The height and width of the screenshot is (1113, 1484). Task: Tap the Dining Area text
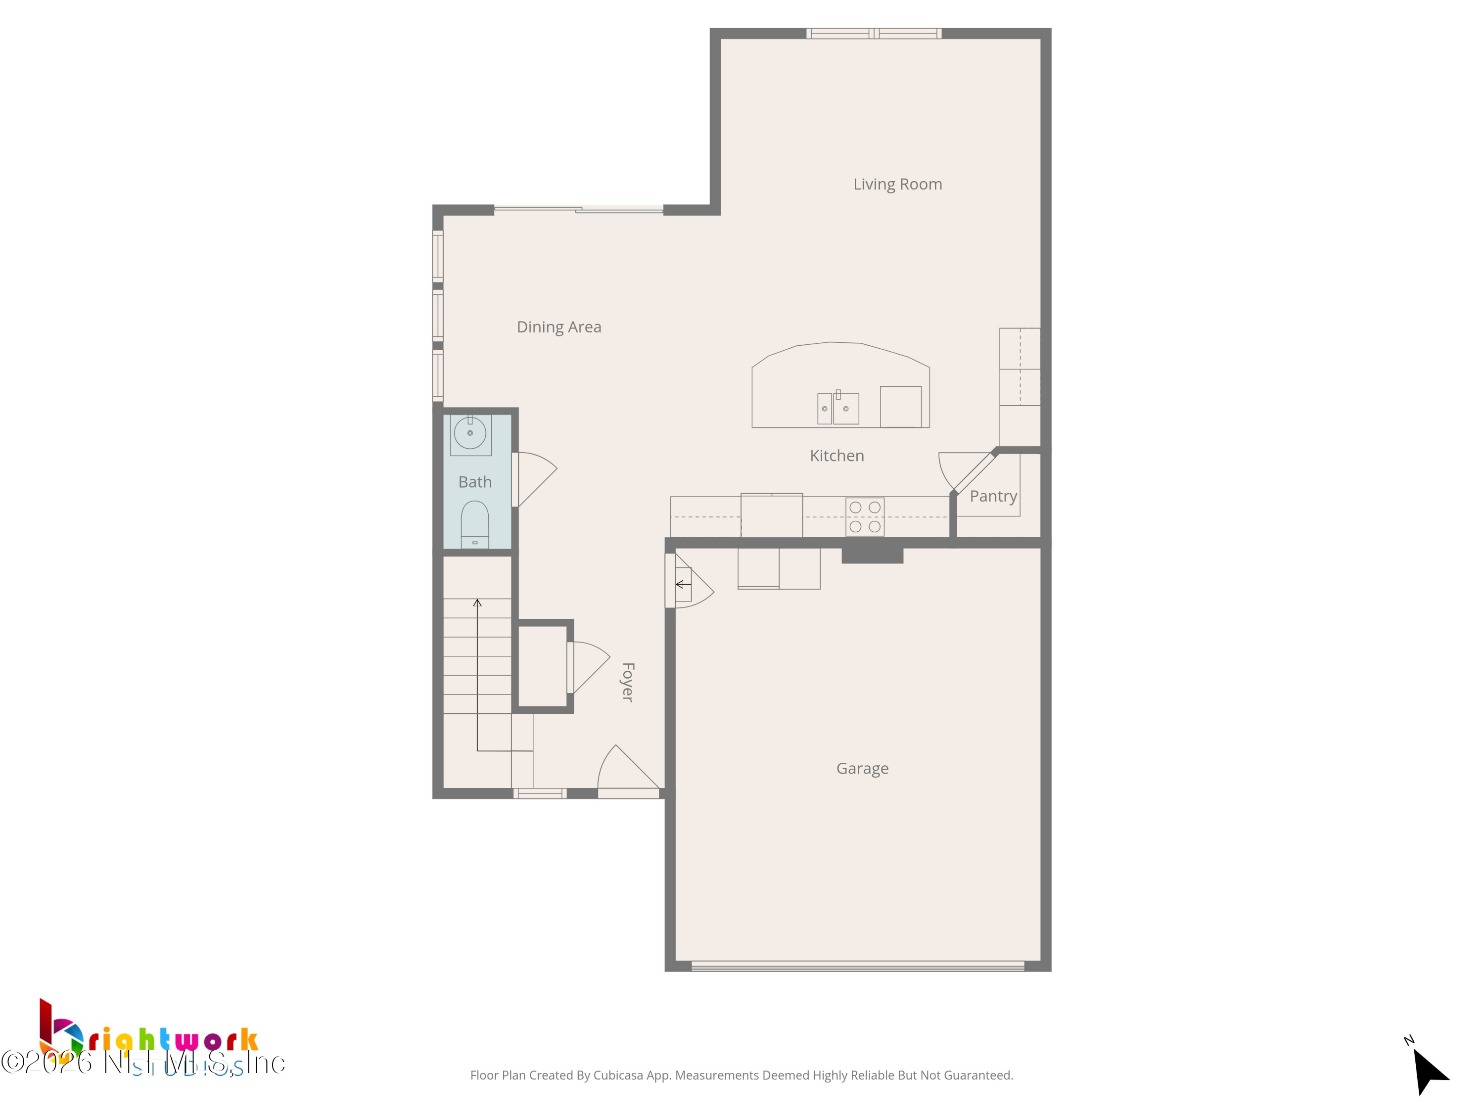(559, 327)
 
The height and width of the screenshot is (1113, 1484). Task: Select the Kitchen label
(836, 456)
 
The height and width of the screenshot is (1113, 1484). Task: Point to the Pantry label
(993, 497)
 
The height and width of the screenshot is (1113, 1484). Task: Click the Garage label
(862, 769)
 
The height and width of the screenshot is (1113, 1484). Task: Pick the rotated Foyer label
(628, 682)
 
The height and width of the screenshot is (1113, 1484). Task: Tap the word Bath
(475, 482)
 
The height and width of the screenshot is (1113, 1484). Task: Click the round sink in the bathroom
(470, 433)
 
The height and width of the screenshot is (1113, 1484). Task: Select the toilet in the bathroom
(475, 525)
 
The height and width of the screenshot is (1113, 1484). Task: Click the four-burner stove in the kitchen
(865, 516)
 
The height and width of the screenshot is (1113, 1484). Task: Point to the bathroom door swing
(535, 478)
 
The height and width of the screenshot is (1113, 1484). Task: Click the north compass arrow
(1429, 1069)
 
